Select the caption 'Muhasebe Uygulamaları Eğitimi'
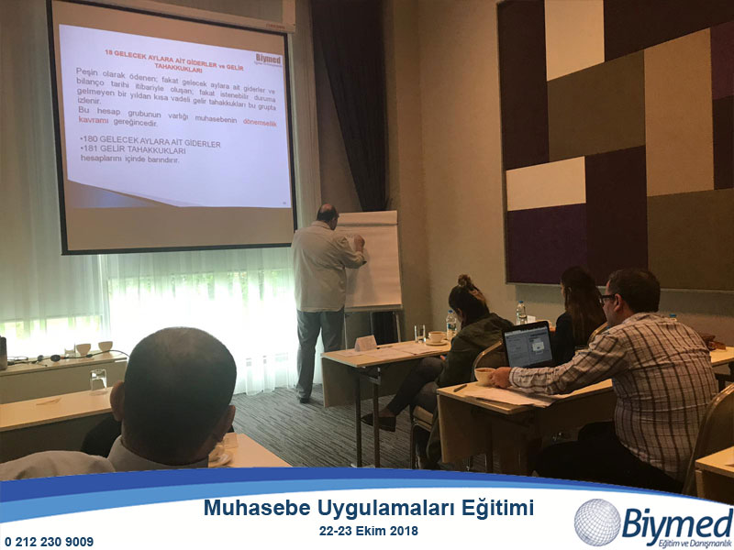click(x=368, y=508)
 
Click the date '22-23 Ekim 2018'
click(x=368, y=530)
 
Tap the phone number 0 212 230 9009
click(x=49, y=541)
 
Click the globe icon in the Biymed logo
click(x=597, y=522)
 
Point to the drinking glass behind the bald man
click(x=98, y=378)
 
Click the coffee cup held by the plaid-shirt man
click(x=484, y=376)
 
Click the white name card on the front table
click(x=366, y=342)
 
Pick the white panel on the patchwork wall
click(x=545, y=183)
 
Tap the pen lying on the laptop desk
click(x=460, y=388)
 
